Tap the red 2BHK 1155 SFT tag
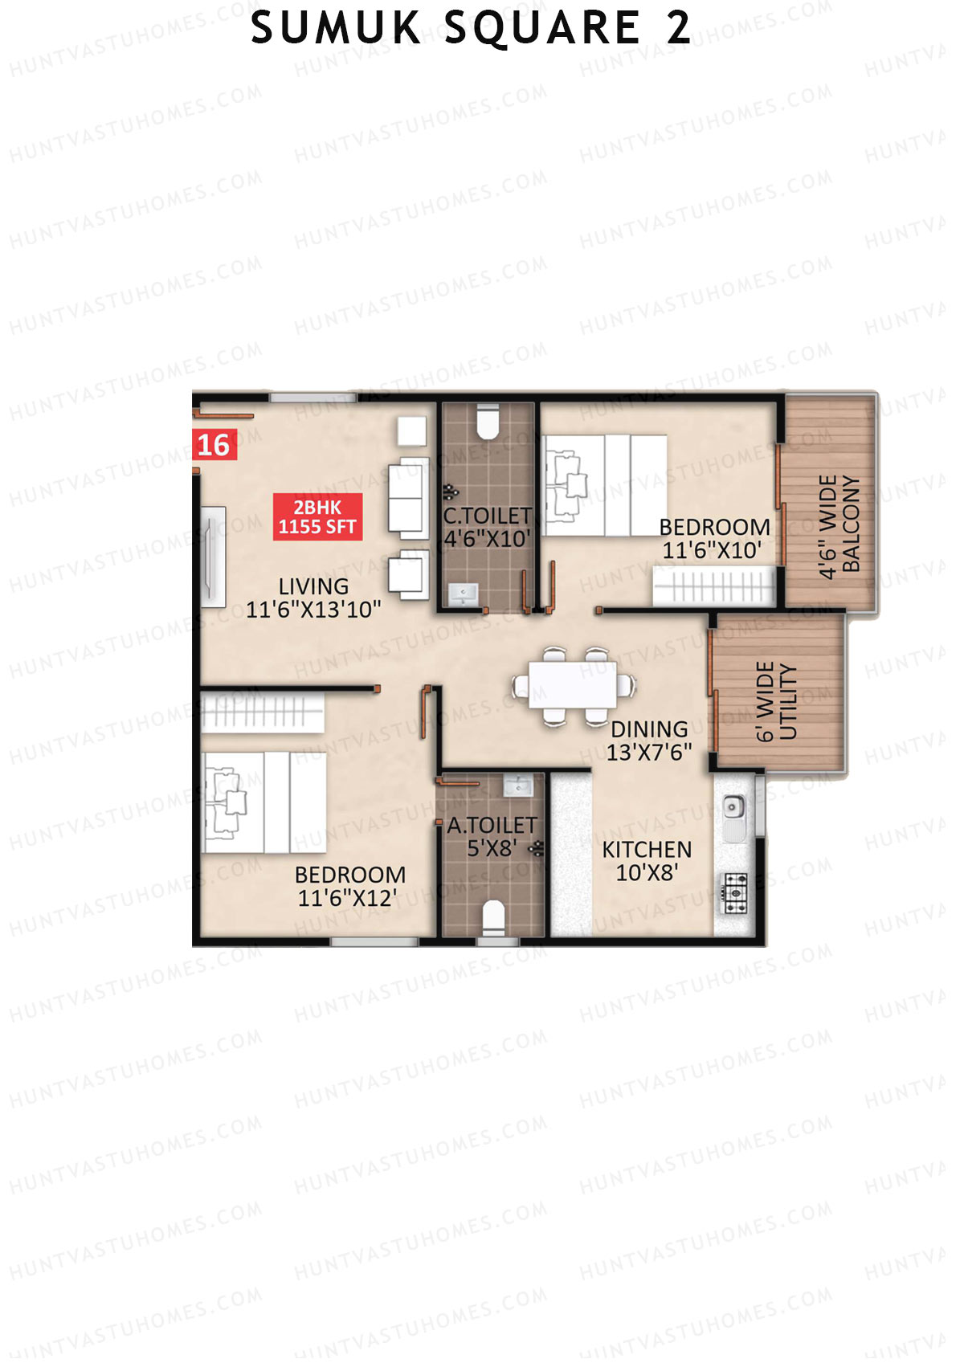pyautogui.click(x=317, y=516)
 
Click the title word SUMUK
pyautogui.click(x=337, y=28)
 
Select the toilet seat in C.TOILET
pyautogui.click(x=488, y=421)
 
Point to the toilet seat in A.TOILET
pyautogui.click(x=493, y=916)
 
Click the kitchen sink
pyautogui.click(x=734, y=811)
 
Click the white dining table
pyautogui.click(x=573, y=685)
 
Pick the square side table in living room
pyautogui.click(x=412, y=430)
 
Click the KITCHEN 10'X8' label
pyautogui.click(x=647, y=861)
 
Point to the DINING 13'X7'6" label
pyautogui.click(x=649, y=741)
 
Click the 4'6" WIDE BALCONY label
pyautogui.click(x=839, y=527)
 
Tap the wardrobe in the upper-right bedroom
pyautogui.click(x=714, y=586)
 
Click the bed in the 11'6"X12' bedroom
pyautogui.click(x=265, y=802)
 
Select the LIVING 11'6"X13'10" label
pyautogui.click(x=313, y=598)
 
